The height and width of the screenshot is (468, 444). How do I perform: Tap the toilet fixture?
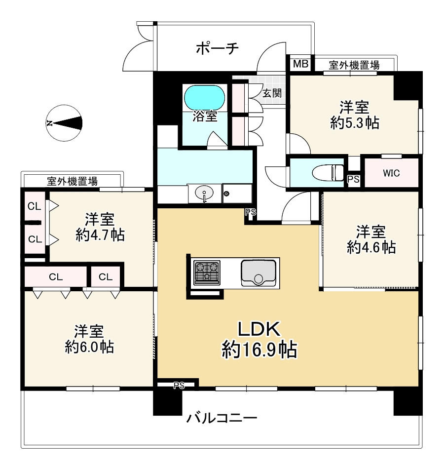pyautogui.click(x=328, y=173)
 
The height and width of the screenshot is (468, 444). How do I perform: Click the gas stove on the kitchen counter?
pyautogui.click(x=207, y=273)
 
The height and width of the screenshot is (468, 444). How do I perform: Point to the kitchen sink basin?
pyautogui.click(x=259, y=273)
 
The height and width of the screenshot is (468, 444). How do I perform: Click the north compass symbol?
pyautogui.click(x=64, y=123)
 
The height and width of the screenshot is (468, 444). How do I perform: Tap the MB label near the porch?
pyautogui.click(x=300, y=64)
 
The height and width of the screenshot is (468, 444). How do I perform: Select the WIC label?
pyautogui.click(x=391, y=173)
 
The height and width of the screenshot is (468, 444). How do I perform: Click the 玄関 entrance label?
pyautogui.click(x=272, y=93)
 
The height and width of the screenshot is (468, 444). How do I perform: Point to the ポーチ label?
pyautogui.click(x=218, y=48)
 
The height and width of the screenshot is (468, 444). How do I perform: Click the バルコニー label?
pyautogui.click(x=222, y=418)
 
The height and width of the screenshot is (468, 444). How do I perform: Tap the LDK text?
pyautogui.click(x=259, y=329)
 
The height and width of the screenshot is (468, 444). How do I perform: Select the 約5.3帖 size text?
pyautogui.click(x=355, y=123)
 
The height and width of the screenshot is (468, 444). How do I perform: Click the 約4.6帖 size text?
pyautogui.click(x=371, y=247)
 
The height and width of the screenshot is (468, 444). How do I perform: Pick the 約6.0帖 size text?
pyautogui.click(x=89, y=347)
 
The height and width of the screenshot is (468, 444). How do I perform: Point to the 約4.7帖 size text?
pyautogui.click(x=100, y=235)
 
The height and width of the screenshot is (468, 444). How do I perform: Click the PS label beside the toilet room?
pyautogui.click(x=354, y=180)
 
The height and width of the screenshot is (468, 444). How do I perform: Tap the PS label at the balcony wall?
pyautogui.click(x=179, y=386)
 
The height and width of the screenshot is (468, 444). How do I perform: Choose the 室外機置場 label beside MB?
pyautogui.click(x=354, y=65)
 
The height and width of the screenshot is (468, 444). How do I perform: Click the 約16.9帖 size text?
pyautogui.click(x=259, y=350)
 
